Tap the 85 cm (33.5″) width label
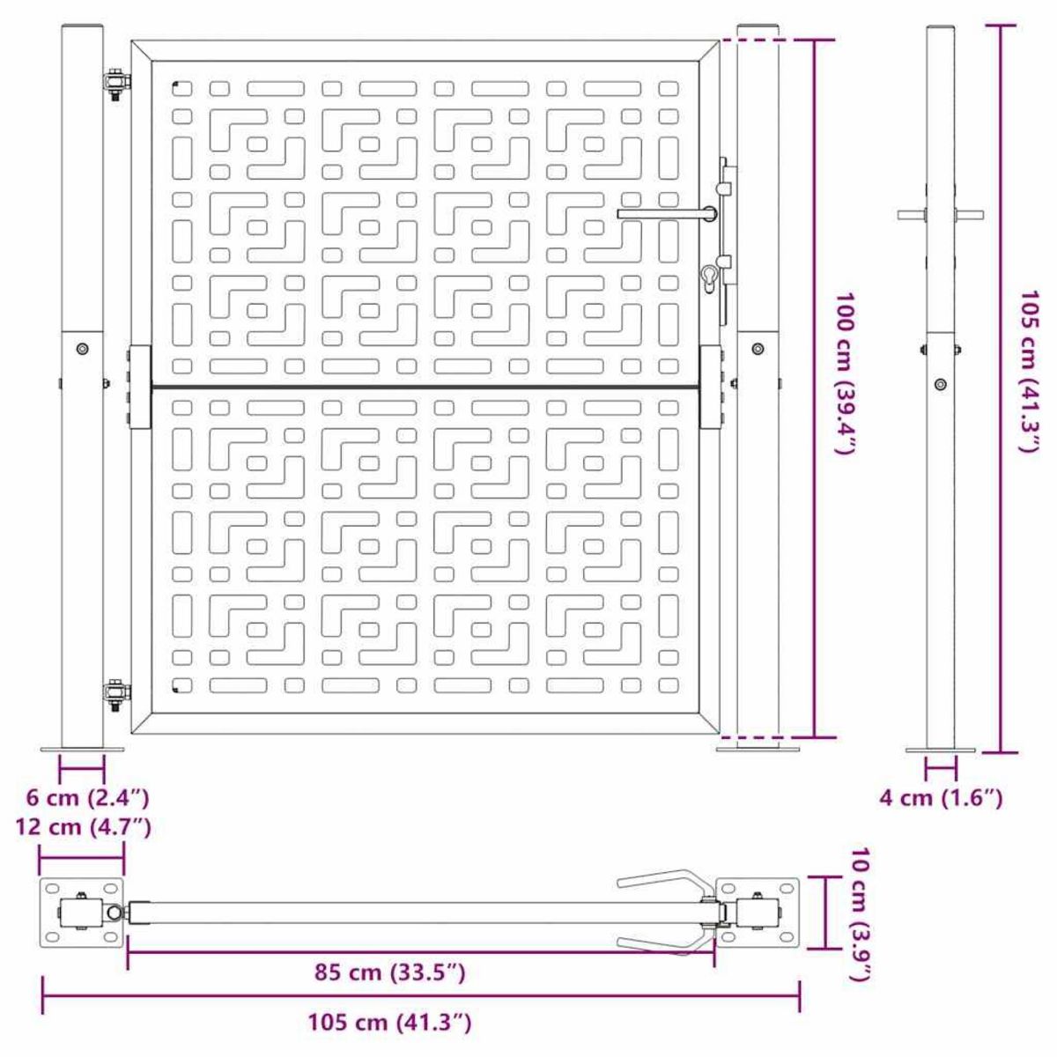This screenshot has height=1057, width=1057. [x=390, y=972]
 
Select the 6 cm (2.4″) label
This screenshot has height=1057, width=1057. [x=87, y=799]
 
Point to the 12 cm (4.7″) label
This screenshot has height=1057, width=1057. [x=83, y=827]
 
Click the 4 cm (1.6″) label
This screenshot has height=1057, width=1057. [x=941, y=799]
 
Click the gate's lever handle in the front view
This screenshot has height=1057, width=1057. [x=667, y=213]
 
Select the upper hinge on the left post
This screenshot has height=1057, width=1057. [x=115, y=84]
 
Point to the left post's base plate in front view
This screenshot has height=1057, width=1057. [x=82, y=750]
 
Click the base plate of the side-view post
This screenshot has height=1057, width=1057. [x=941, y=750]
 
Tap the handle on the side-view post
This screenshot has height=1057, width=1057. [x=941, y=213]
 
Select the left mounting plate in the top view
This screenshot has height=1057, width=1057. [x=82, y=913]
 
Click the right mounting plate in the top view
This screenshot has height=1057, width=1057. [x=758, y=913]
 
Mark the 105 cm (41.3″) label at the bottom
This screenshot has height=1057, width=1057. [x=390, y=1023]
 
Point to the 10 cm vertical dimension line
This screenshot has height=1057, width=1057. [x=825, y=913]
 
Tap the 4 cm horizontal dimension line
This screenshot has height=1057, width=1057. [x=941, y=769]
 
